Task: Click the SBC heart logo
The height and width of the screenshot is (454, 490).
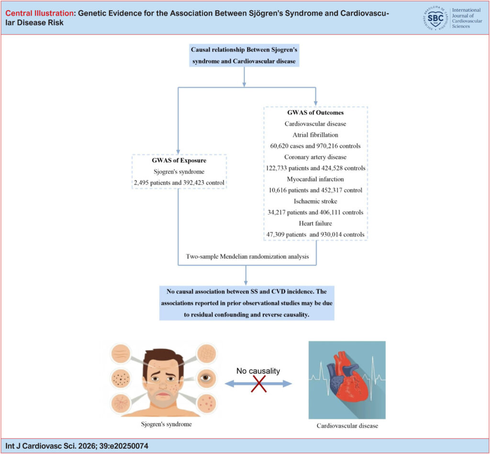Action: click(435, 18)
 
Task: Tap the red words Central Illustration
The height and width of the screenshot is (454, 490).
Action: click(39, 13)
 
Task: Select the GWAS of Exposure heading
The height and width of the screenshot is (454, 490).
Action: click(179, 161)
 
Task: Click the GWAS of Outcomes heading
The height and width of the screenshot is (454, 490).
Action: click(315, 113)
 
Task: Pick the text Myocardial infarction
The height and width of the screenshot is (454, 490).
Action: click(315, 179)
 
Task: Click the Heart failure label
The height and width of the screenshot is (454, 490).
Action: click(315, 223)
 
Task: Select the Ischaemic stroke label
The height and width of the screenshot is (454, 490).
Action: click(315, 201)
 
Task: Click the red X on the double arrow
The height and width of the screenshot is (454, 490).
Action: click(259, 384)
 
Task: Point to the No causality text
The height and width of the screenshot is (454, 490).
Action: click(258, 371)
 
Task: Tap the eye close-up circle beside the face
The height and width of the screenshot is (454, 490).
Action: click(206, 378)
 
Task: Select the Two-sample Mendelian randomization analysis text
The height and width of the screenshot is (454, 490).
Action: click(247, 257)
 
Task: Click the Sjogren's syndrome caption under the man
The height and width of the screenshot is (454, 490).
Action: click(166, 424)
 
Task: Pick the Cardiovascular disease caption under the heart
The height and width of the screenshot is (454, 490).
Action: click(347, 426)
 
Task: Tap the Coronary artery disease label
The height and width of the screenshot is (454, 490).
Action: click(315, 157)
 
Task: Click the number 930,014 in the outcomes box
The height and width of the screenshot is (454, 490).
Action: click(332, 234)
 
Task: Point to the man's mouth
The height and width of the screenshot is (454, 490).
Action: click(163, 395)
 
